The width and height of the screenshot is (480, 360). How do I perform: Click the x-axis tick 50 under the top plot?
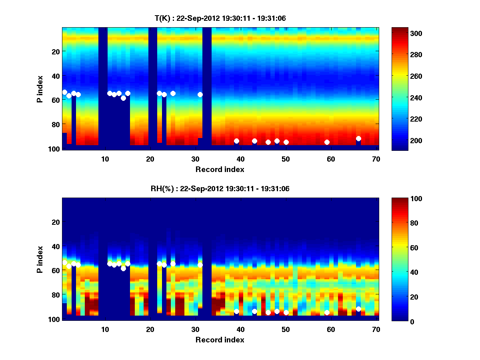(286, 159)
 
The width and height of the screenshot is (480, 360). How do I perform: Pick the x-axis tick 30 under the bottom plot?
(195, 329)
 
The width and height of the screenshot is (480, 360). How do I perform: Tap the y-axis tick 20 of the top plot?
(55, 52)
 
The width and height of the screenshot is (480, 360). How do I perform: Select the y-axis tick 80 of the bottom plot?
(55, 295)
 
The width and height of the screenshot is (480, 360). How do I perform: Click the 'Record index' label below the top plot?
(220, 169)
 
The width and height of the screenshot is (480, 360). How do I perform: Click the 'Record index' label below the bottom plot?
(220, 340)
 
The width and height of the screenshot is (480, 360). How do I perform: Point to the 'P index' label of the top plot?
(40, 88)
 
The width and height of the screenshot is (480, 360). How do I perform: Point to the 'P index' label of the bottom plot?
(40, 259)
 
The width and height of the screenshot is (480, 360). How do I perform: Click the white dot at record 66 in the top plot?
(358, 138)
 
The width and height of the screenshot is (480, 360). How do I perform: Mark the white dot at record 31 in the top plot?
(200, 94)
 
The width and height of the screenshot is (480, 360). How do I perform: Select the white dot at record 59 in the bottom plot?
(327, 312)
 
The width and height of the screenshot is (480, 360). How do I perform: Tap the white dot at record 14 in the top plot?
(123, 98)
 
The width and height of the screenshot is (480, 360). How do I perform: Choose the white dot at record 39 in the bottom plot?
(236, 311)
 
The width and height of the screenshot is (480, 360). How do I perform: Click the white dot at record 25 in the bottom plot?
(173, 264)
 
